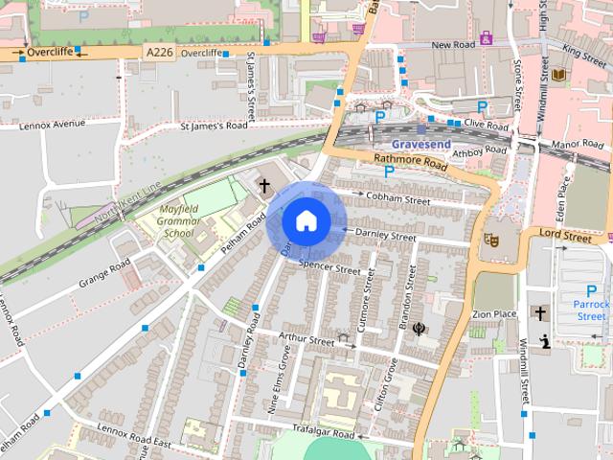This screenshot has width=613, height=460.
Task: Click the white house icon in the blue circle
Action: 305,220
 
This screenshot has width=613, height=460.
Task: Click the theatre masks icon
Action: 492,241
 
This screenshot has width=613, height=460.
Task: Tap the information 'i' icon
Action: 544,339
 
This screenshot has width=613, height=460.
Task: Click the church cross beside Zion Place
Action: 540,313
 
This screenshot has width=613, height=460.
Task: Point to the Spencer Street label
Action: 329,266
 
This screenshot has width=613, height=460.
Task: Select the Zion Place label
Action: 493,313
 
